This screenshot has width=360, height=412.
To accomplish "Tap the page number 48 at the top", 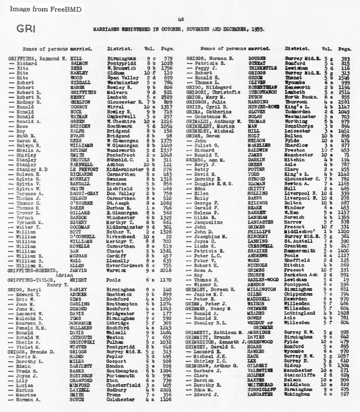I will click(x=180, y=19).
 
